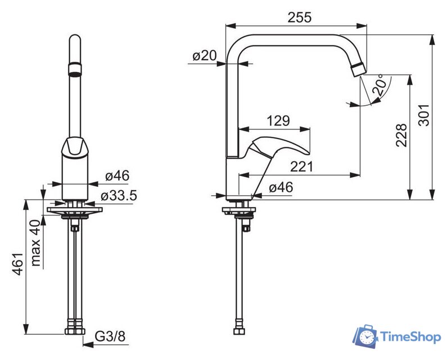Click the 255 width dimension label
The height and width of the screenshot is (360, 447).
click(x=300, y=17)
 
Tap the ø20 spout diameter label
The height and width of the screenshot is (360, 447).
click(x=205, y=55)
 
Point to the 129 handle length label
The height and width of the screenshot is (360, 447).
click(x=278, y=121)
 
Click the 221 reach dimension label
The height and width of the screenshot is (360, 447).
click(x=301, y=166)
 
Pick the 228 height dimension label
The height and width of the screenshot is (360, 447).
click(x=401, y=135)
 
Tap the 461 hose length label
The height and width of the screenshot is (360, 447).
click(x=17, y=264)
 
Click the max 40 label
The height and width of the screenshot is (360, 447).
click(x=35, y=243)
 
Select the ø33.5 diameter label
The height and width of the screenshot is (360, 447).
click(x=119, y=196)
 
